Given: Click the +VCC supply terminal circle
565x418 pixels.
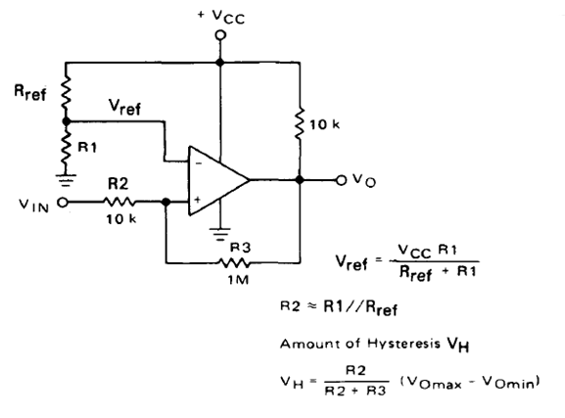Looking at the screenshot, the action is [x=220, y=35].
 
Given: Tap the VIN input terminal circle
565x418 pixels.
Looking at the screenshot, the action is [x=63, y=203].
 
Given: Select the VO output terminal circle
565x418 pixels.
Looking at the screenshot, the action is [x=341, y=180].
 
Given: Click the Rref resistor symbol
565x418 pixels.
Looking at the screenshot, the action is [x=66, y=91].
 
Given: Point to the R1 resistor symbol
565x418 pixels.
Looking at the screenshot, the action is [x=66, y=149].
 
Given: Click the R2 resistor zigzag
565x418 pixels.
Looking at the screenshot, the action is [x=119, y=202].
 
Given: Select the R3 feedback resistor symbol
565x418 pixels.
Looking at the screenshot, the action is [x=234, y=263].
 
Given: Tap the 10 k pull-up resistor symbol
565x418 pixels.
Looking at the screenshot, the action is [x=300, y=123].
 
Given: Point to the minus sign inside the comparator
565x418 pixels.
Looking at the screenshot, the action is [x=198, y=163].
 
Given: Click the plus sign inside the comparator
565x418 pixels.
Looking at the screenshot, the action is [x=198, y=200].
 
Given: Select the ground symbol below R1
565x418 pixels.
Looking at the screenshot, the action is [x=66, y=180].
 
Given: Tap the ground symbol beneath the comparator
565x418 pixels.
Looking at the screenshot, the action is [x=220, y=234].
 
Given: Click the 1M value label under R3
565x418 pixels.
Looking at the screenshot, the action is [x=238, y=280].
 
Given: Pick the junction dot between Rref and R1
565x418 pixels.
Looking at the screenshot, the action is [x=66, y=121].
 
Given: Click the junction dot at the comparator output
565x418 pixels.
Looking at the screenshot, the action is [x=300, y=179].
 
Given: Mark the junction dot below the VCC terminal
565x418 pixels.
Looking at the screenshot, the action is [x=220, y=63].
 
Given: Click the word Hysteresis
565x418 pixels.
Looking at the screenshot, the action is [x=403, y=343].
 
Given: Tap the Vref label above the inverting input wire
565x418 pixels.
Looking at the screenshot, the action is [x=124, y=107].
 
